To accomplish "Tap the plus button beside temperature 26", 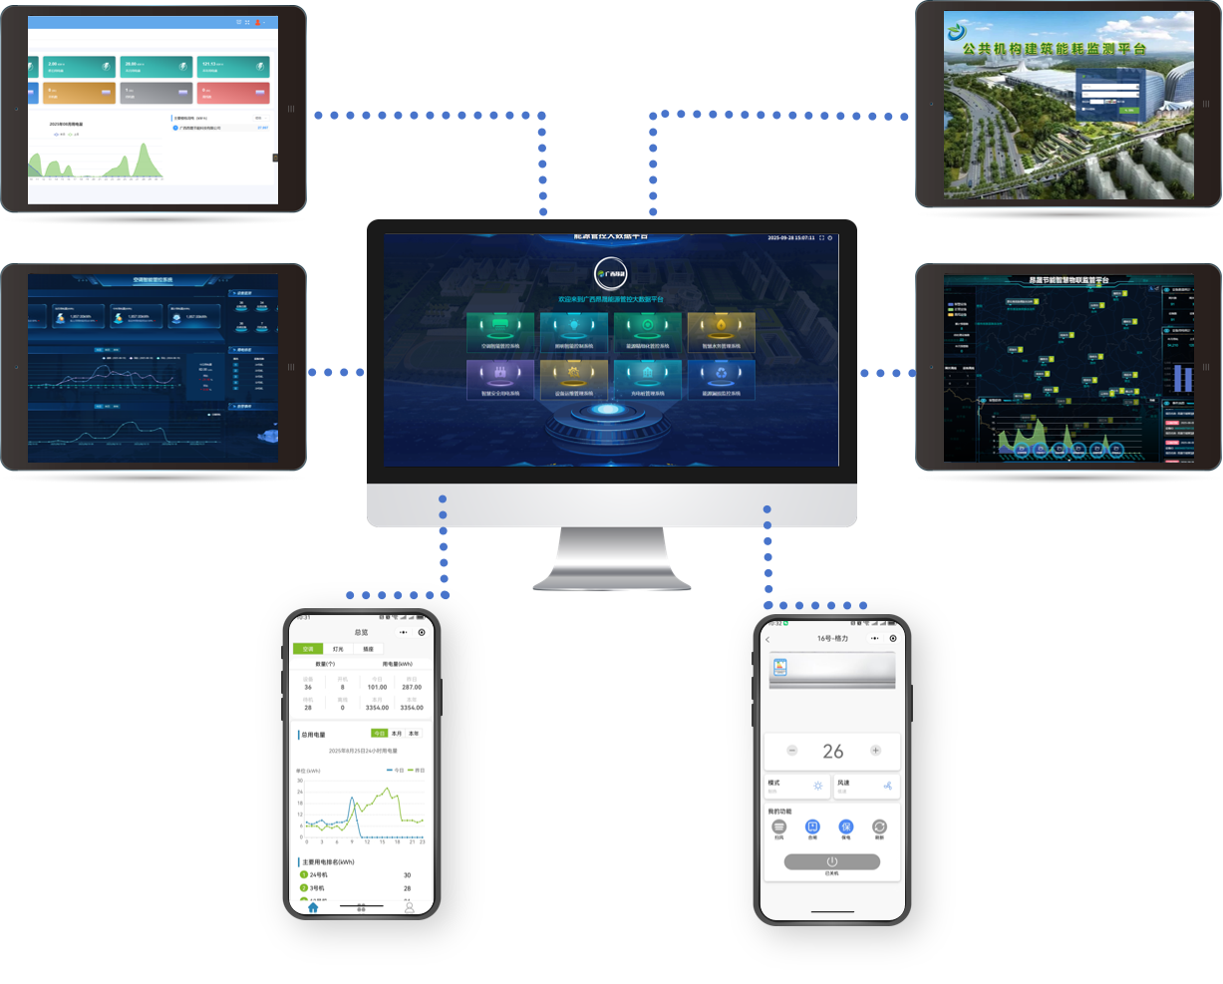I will (x=875, y=751).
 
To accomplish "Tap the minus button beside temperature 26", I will (x=792, y=751).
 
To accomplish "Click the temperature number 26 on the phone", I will (x=833, y=752).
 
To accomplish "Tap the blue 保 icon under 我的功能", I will (x=845, y=827).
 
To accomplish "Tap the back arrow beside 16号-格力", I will (x=767, y=639).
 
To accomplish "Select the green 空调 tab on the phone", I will (x=308, y=648).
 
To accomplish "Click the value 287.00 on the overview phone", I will (x=412, y=687).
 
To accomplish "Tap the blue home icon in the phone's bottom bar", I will (x=313, y=907).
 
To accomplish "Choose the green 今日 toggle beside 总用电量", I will (x=379, y=733).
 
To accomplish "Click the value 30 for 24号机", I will (x=407, y=875).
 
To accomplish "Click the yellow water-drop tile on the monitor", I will (x=721, y=331).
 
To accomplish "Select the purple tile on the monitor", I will (x=500, y=379).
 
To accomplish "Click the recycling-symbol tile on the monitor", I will (x=721, y=379).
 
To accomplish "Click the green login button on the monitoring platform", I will (x=1128, y=110).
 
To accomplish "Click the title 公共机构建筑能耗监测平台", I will (x=1054, y=47).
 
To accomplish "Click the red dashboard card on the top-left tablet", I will (x=234, y=93).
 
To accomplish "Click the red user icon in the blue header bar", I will (x=258, y=22).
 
